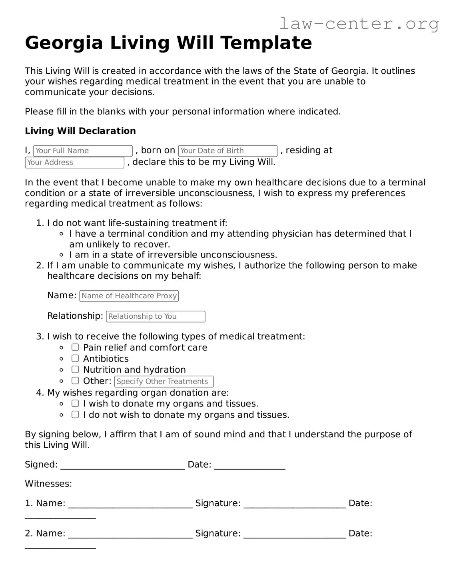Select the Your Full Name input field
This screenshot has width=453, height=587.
point(83,151)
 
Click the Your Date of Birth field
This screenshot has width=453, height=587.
point(227,151)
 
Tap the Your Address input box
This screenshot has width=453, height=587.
point(75,163)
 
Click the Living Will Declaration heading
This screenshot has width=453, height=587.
point(80,131)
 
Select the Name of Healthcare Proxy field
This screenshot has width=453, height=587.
point(129,296)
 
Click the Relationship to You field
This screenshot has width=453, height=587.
point(156,316)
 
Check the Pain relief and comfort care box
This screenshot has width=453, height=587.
point(75,347)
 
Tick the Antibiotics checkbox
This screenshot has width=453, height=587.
point(75,358)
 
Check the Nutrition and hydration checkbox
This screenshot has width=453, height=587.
point(75,370)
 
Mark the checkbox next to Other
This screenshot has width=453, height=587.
point(75,381)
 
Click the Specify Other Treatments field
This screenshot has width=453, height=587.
point(164,382)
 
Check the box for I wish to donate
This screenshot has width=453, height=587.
point(75,403)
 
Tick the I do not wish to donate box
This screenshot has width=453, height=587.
point(75,414)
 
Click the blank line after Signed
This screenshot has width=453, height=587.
point(122,465)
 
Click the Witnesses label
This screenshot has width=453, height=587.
point(48,484)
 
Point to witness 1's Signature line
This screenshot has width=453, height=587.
point(294,504)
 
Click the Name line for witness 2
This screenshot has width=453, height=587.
point(130,534)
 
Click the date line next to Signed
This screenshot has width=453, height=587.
point(249,465)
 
